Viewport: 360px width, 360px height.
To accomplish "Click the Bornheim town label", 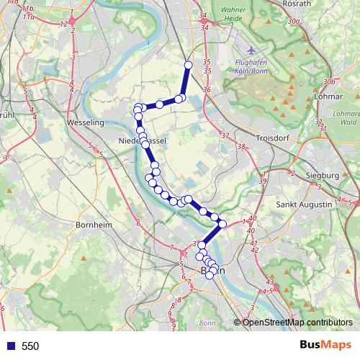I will [x=94, y=225].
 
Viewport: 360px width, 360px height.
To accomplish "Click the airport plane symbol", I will [x=250, y=51].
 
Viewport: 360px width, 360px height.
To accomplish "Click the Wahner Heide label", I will [x=234, y=15].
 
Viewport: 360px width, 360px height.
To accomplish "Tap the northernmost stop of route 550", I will [x=189, y=66].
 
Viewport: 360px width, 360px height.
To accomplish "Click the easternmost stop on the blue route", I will [x=222, y=224].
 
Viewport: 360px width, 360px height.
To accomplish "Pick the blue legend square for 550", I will [x=9, y=346].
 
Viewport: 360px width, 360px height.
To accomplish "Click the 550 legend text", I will [x=30, y=346].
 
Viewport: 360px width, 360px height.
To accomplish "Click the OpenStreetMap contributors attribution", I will [x=298, y=322].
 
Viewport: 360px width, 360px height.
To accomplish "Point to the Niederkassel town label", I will [x=141, y=142].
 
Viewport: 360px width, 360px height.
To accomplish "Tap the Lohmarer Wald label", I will [x=347, y=119].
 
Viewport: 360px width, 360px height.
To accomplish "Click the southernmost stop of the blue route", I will [x=210, y=275].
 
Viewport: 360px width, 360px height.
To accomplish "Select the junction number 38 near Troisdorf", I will [x=241, y=147].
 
